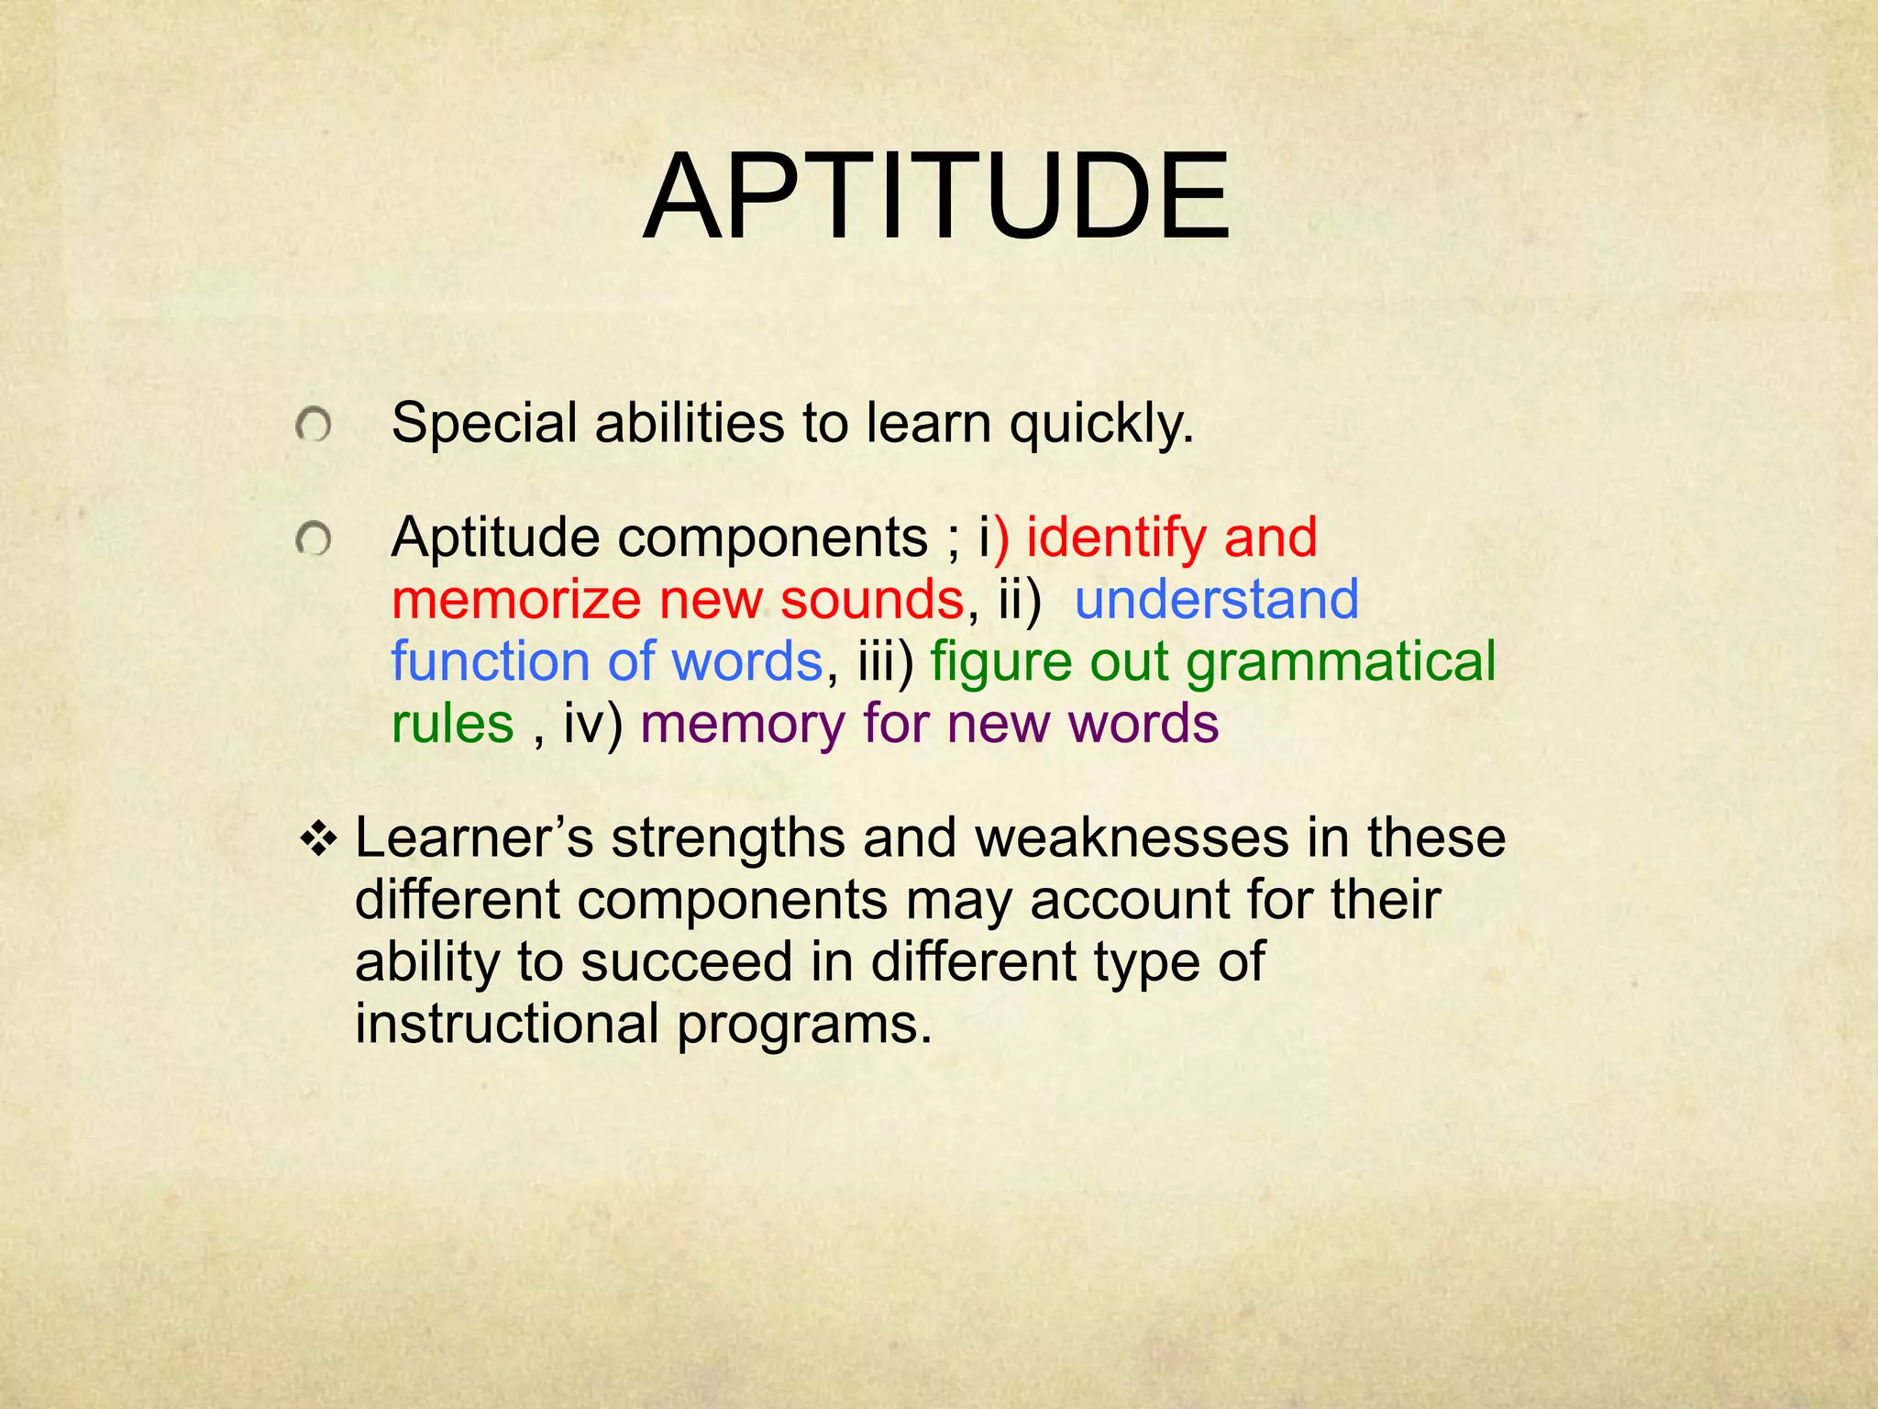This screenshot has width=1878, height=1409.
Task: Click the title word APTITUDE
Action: (937, 198)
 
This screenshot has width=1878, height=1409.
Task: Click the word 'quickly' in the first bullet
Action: (1100, 425)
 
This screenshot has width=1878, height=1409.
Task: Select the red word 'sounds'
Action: (871, 600)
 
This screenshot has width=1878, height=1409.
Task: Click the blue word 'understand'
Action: (1216, 600)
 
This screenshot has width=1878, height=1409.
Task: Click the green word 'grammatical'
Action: (1341, 662)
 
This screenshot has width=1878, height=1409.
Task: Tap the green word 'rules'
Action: (452, 725)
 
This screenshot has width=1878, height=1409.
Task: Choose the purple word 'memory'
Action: (743, 725)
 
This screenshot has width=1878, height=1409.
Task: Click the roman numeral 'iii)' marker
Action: (886, 662)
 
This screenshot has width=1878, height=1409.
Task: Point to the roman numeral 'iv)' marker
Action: (592, 725)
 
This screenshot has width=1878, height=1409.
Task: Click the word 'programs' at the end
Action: (803, 1026)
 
